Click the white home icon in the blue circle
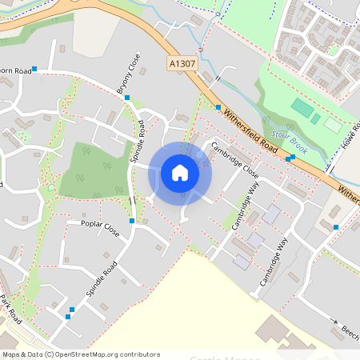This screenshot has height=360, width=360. click(180, 172)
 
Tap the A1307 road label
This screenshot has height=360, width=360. click(182, 62)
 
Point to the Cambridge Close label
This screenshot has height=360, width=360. click(235, 160)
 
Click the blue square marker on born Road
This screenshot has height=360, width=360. click(34, 69)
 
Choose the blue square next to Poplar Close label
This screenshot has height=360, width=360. click(131, 220)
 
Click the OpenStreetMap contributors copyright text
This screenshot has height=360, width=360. click(80, 354)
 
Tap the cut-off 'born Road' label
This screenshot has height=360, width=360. click(15, 70)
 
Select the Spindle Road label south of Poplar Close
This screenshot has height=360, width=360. click(102, 280)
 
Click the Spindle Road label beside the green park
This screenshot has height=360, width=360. click(137, 142)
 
